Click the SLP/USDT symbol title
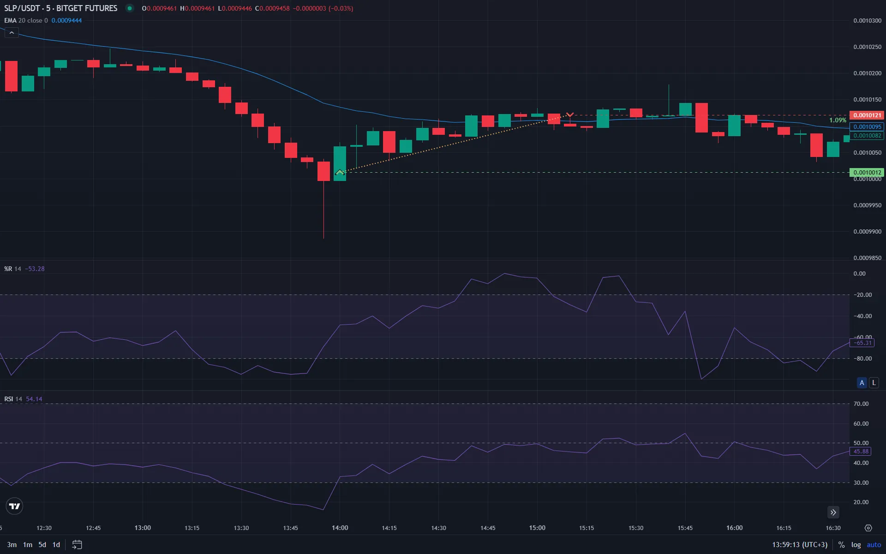point(60,8)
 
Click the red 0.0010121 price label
point(867,115)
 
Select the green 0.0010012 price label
point(867,173)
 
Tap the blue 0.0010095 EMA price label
point(867,127)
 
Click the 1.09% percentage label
point(838,120)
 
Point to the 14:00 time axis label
point(340,528)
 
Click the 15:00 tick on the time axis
point(537,528)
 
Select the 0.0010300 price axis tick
point(867,21)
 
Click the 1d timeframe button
point(56,545)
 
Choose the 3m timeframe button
point(12,545)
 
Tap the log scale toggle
point(856,545)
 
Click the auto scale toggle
point(874,545)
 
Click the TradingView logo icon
point(15,506)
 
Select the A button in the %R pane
point(862,383)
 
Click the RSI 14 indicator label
point(13,399)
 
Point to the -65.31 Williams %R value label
point(862,343)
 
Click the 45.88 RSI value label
point(861,452)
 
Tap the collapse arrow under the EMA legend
point(12,33)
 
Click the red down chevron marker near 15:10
point(570,114)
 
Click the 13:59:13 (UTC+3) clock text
point(800,545)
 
